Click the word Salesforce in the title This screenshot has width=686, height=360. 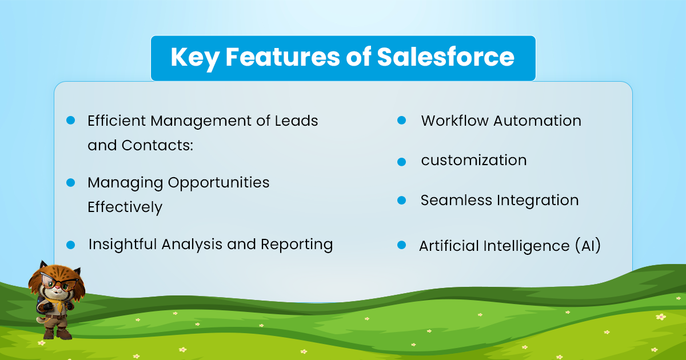[445, 57]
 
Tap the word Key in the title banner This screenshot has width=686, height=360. [195, 59]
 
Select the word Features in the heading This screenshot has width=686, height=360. [282, 57]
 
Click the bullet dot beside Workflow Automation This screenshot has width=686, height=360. [401, 121]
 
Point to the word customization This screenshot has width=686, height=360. [474, 160]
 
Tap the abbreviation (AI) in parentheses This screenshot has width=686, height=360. [588, 246]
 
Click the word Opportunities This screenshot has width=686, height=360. [218, 183]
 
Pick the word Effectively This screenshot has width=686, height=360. [125, 207]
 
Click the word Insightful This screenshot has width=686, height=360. [123, 245]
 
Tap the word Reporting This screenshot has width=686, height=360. [297, 245]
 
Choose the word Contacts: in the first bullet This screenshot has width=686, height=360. [157, 145]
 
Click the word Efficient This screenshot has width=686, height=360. [117, 121]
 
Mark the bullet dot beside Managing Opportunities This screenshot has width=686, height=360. [70, 182]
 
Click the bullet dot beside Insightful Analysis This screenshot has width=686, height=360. [70, 245]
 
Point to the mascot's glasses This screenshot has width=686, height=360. [58, 282]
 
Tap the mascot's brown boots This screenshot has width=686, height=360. [57, 333]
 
